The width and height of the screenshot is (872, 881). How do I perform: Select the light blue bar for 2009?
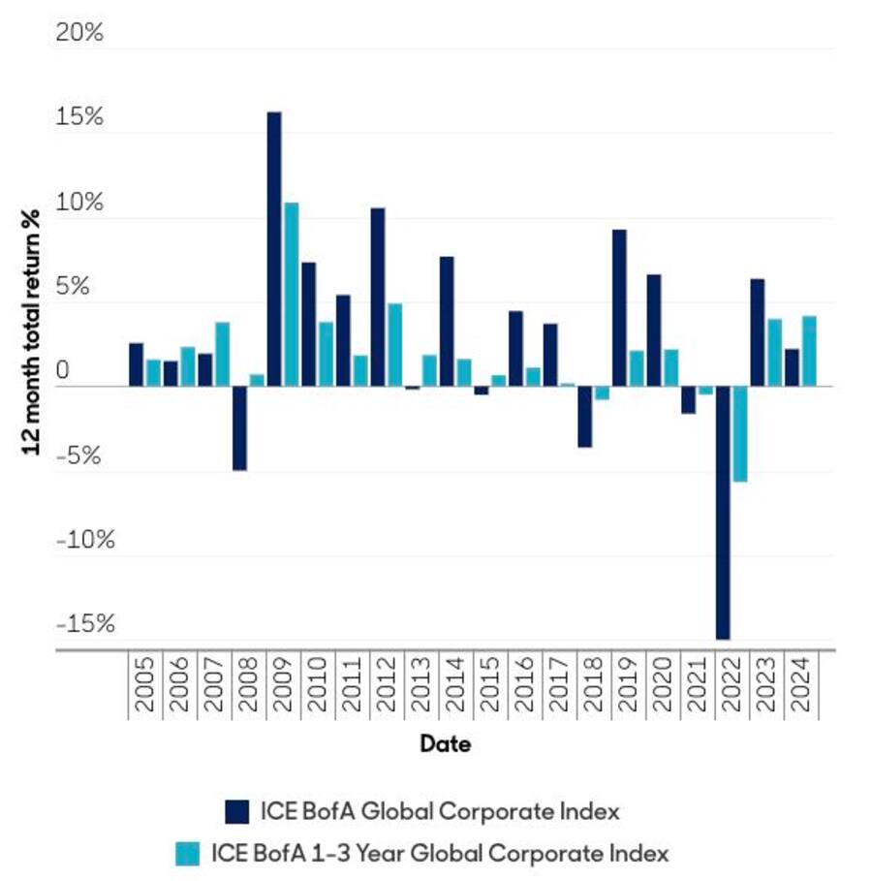coord(291,295)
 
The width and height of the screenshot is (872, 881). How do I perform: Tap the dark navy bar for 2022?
coord(723,513)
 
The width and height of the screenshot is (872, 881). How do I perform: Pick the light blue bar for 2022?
coord(740,433)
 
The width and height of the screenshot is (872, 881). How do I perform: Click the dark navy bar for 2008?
coord(239,428)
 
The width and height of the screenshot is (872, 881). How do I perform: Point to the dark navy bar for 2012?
coord(378,297)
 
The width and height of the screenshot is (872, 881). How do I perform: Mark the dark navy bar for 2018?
coord(585,417)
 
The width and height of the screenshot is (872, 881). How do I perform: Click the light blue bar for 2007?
coord(222,354)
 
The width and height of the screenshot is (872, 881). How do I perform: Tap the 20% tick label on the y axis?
coord(79,33)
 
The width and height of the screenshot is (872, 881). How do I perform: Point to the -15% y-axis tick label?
coord(85,623)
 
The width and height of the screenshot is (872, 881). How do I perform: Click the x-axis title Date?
coord(446,744)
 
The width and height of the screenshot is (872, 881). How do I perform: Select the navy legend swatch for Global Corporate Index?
coord(236,810)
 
